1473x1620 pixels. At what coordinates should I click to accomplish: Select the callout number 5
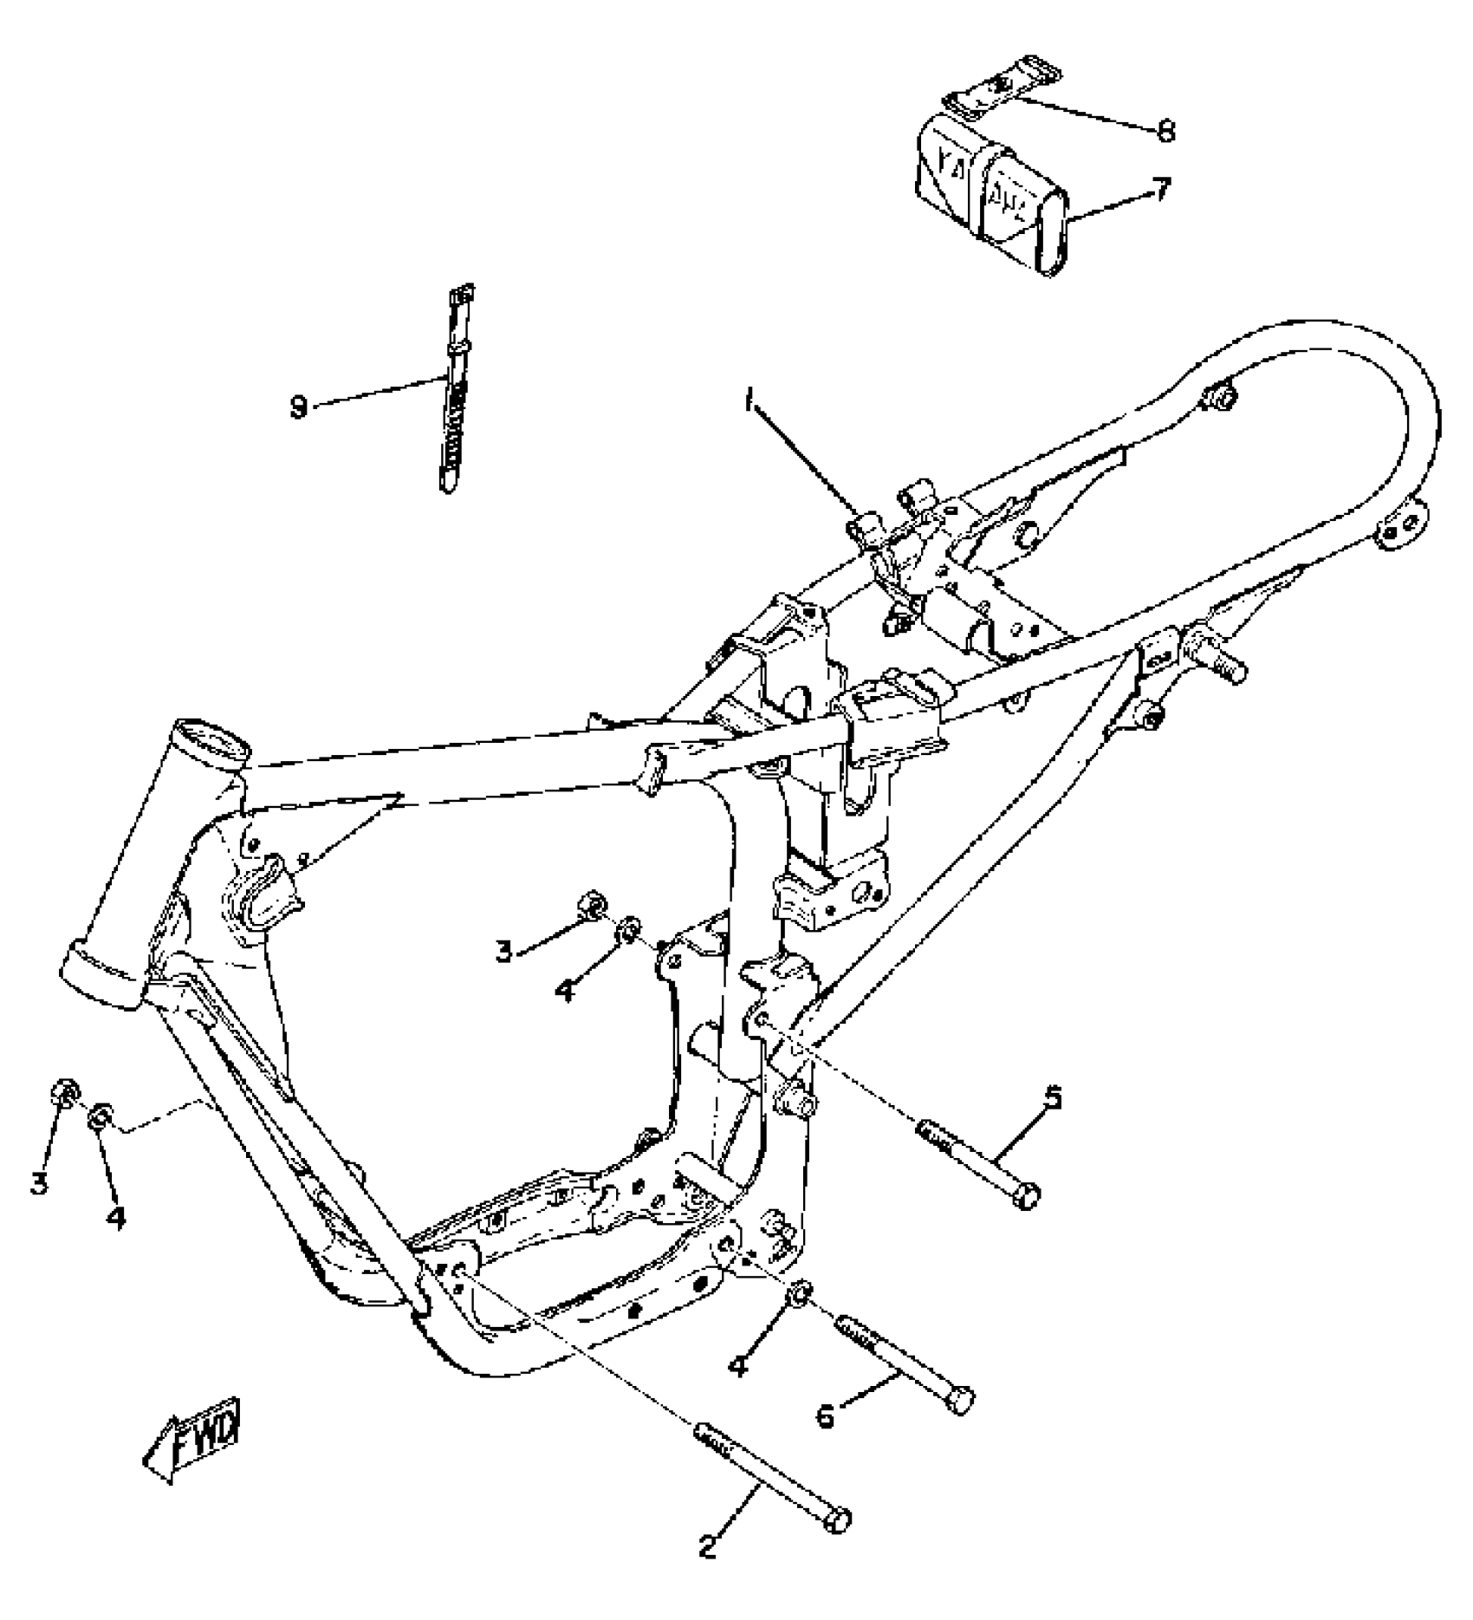pos(1052,1098)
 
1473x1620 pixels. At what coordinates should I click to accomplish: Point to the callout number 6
pos(825,1416)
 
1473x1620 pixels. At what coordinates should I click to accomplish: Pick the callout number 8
pos(1165,131)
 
